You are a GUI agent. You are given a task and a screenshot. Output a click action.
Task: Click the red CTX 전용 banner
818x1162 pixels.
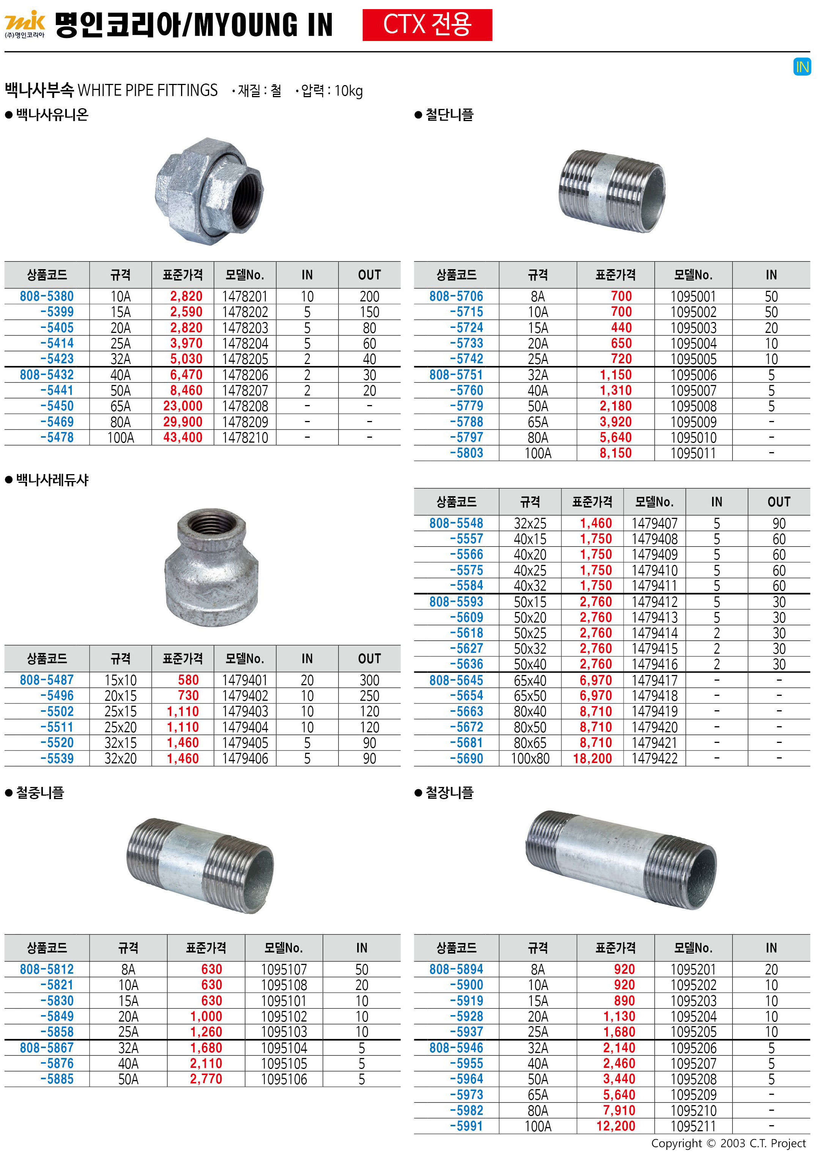click(427, 25)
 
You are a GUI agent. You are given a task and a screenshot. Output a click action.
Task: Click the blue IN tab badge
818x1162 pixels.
click(802, 67)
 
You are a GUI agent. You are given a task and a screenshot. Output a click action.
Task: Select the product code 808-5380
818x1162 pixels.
click(47, 296)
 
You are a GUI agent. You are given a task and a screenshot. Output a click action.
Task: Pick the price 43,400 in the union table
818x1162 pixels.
click(183, 437)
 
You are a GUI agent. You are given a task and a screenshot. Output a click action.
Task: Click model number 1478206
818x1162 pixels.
click(245, 375)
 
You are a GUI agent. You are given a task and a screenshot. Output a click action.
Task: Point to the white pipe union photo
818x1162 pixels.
click(209, 191)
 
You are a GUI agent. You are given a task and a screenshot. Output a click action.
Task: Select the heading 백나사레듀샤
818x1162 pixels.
click(52, 480)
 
